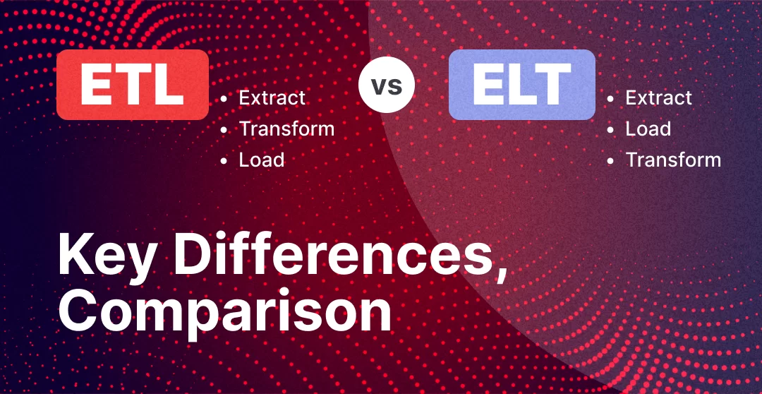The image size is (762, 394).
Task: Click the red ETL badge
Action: pos(133,85)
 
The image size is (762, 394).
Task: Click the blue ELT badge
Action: pos(522,85)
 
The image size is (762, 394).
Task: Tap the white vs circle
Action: pos(387,85)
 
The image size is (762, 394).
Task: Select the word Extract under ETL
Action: pos(272,97)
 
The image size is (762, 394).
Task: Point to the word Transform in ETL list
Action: pos(286,129)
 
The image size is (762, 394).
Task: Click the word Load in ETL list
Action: pos(262,160)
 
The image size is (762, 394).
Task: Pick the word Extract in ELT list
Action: pos(658,97)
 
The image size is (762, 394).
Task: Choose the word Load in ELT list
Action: pos(648,129)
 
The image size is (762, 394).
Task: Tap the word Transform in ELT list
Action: pos(673,160)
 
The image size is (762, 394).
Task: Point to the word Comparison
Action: pos(224,312)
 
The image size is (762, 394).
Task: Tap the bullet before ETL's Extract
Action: pos(224,98)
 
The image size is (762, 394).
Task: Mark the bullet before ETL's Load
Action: pos(224,160)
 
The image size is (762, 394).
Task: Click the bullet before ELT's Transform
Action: pos(610,160)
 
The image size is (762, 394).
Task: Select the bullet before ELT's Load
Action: pos(610,129)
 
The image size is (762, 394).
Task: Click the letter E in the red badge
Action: pos(96,85)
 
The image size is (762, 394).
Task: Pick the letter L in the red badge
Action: pos(169,85)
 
